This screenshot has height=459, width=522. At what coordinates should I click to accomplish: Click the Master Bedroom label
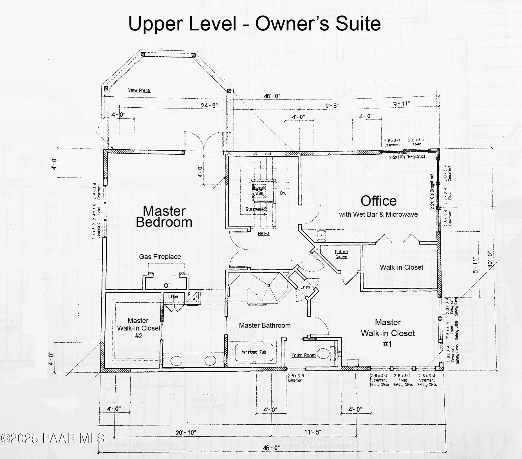pos(164,217)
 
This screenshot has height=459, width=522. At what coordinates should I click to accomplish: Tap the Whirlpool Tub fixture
pos(254,352)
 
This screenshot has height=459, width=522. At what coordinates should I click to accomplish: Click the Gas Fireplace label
pos(160,257)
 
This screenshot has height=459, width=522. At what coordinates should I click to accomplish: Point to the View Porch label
pos(139,90)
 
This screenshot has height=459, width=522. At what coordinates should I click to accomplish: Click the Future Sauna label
pos(341,254)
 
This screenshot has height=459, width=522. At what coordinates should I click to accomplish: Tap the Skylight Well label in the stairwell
pos(259,191)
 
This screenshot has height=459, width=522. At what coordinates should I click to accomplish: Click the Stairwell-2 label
pos(256,209)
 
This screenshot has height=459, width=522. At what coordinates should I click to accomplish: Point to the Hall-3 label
pos(264,234)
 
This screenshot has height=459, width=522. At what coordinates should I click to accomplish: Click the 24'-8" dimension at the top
pos(209,106)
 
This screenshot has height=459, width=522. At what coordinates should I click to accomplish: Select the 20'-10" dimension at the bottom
pos(185,433)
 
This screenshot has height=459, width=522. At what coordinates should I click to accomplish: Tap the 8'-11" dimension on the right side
pos(476,265)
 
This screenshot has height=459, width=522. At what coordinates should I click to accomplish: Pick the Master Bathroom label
pos(265,325)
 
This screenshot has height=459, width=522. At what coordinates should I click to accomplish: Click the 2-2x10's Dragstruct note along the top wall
pos(407,157)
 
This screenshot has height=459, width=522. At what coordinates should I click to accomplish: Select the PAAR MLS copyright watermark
pos(52,438)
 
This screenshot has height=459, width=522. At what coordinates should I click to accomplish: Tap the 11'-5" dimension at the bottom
pos(313,432)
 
